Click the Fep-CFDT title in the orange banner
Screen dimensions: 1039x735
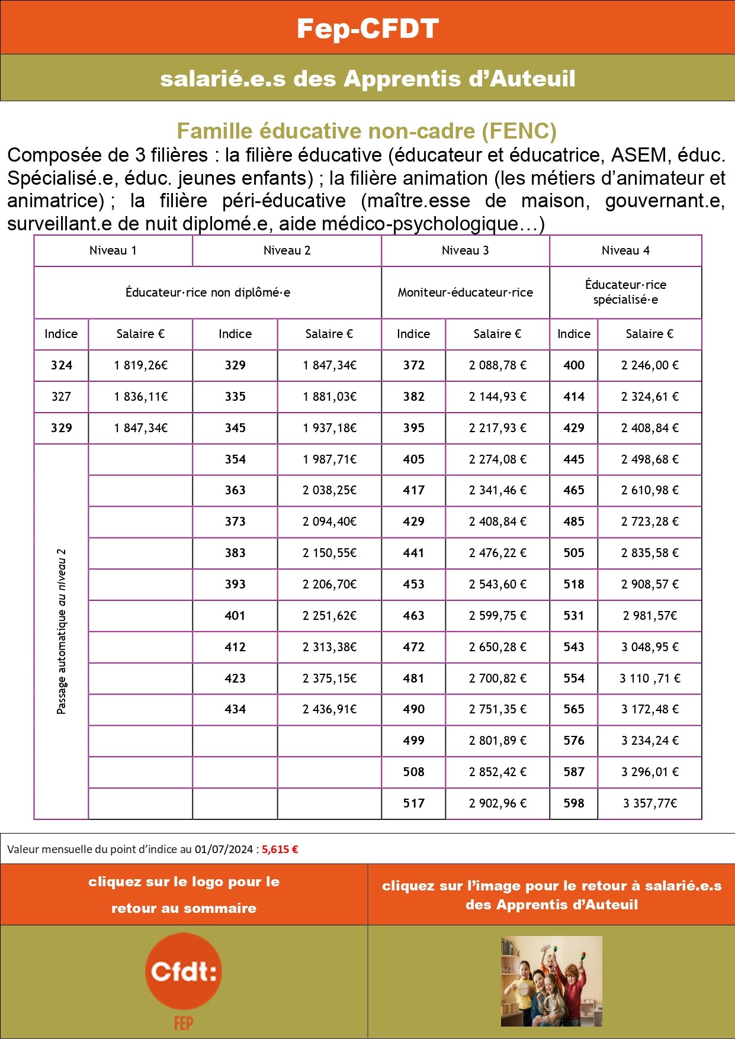[367, 28]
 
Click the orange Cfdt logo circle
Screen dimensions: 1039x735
[183, 972]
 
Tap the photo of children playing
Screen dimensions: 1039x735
[551, 981]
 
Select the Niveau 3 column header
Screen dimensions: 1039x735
[466, 250]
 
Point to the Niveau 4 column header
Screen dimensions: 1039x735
[625, 250]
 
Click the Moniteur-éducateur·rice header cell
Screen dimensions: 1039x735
[466, 292]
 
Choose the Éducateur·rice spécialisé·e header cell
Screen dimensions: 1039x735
[625, 292]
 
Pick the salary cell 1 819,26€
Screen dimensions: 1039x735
[141, 365]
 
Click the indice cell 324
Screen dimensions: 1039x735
[62, 365]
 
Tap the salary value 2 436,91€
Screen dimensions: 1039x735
[329, 709]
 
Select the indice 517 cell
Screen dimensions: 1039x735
[413, 803]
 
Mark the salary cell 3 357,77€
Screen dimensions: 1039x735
[650, 803]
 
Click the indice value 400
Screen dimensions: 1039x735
[574, 365]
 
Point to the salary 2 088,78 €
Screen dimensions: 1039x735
[498, 365]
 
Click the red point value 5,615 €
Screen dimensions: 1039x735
[280, 849]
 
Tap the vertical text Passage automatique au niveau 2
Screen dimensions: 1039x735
[62, 631]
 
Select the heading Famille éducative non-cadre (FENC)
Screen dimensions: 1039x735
[367, 131]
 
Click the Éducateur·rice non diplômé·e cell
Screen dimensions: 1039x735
[208, 292]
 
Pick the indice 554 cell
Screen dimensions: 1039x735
[574, 678]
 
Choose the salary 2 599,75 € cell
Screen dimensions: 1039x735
[498, 616]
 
